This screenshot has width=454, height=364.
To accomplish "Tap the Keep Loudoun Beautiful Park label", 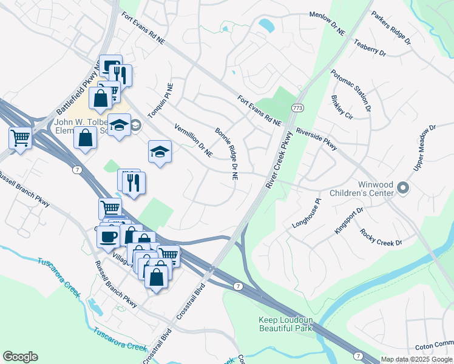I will (x=285, y=324).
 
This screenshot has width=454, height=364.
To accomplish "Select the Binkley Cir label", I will (x=342, y=106).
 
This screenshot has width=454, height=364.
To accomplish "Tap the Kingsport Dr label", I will (x=348, y=222).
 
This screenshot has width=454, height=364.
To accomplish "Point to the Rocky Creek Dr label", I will (x=381, y=237).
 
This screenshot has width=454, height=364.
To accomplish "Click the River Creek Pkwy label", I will (x=276, y=161).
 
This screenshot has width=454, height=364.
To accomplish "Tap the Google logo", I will (x=20, y=357).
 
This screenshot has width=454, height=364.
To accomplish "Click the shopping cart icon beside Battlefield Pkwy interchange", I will (x=20, y=138).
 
